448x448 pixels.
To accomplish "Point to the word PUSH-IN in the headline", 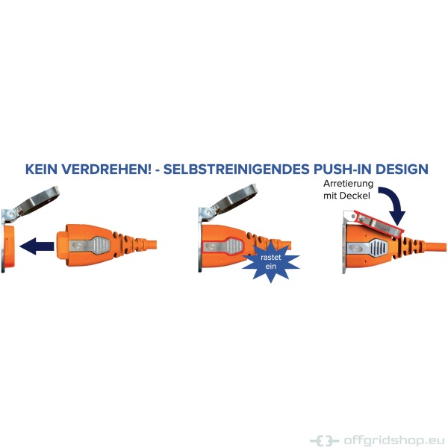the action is (342, 169).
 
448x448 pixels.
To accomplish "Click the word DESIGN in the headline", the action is (402, 169).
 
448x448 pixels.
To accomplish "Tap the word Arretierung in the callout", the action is (348, 184).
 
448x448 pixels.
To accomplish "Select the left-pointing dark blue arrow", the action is (37, 246).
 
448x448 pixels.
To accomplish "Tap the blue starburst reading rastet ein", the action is (270, 262).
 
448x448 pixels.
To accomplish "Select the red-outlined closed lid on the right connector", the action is (379, 224).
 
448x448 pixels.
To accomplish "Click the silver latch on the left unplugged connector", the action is (90, 246).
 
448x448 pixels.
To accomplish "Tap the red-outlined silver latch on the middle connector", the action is (223, 246).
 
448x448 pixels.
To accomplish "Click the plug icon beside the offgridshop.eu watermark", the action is (324, 440).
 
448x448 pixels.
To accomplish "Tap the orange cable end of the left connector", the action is (151, 245).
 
